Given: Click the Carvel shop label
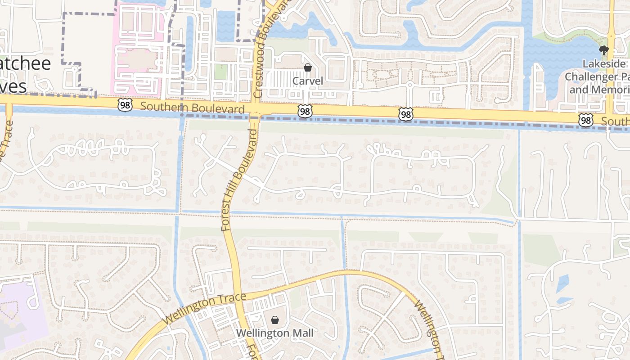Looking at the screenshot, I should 308,81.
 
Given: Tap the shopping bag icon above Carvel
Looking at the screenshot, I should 308,68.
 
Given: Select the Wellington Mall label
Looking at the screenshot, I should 274,333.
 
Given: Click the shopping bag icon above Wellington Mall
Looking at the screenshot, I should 274,320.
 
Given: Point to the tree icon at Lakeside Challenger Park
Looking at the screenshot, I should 603,50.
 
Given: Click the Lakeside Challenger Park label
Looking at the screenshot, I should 598,76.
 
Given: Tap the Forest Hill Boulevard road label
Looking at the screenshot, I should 240,180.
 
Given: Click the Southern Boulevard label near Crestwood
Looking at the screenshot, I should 192,108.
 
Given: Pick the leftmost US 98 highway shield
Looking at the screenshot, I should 125,105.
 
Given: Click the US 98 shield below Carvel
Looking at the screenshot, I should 305,111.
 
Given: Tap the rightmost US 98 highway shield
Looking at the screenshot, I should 585,120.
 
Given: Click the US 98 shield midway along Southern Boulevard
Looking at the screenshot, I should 406,114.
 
